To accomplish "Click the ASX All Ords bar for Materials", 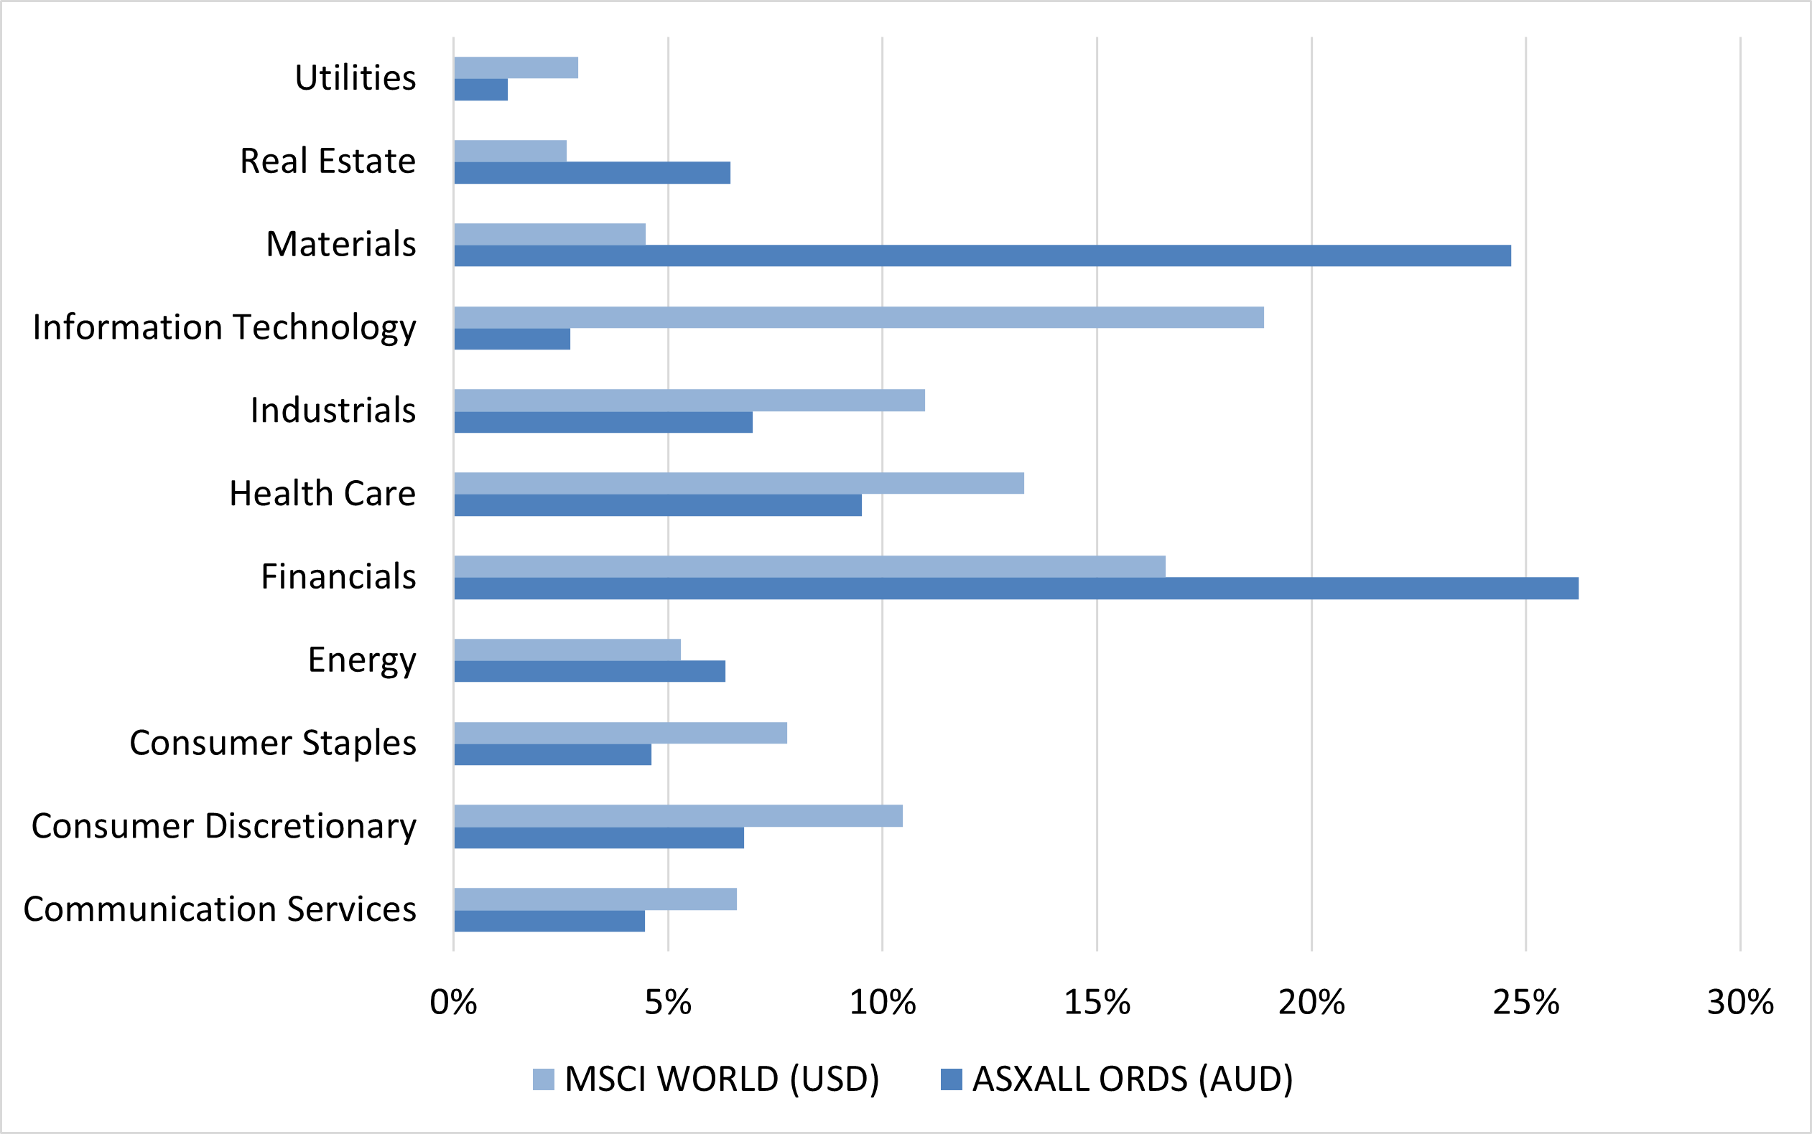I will tap(982, 256).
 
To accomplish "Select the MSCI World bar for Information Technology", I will tap(858, 317).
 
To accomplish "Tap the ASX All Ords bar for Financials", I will tap(1016, 589).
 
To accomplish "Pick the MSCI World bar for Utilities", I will tap(516, 67).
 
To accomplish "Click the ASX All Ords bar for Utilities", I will tap(481, 90).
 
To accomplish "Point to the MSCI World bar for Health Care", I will tap(739, 483).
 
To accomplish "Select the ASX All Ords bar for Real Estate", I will tap(592, 173).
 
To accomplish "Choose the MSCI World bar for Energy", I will tap(567, 650).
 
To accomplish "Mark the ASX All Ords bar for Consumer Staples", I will tap(553, 754).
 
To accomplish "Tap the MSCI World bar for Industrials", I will tap(689, 400).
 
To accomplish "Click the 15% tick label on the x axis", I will tap(1097, 1003).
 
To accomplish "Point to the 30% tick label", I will tap(1740, 1003).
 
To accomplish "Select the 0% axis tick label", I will tap(453, 1003).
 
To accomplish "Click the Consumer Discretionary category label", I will tap(223, 827).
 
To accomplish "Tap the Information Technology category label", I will tap(224, 328).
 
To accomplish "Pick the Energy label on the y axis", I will tap(362, 661).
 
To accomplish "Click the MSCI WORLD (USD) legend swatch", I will tap(543, 1080).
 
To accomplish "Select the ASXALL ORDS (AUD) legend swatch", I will tap(952, 1080).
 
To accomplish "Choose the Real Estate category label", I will tap(328, 161).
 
